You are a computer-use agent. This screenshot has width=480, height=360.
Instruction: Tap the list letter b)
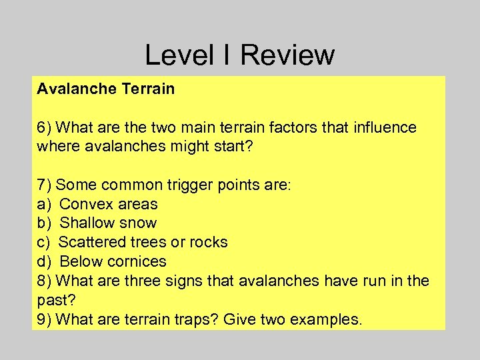(45, 223)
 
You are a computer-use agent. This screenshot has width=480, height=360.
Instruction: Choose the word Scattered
(91, 242)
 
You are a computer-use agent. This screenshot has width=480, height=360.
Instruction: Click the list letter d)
(45, 261)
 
